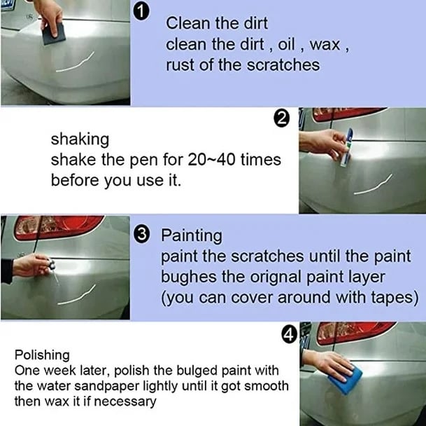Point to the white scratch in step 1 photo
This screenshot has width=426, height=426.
point(78,65)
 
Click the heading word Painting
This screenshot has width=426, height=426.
point(191,235)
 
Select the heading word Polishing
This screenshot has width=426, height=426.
point(41,355)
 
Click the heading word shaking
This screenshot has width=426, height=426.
point(79,139)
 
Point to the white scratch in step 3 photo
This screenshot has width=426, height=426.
point(78,294)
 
